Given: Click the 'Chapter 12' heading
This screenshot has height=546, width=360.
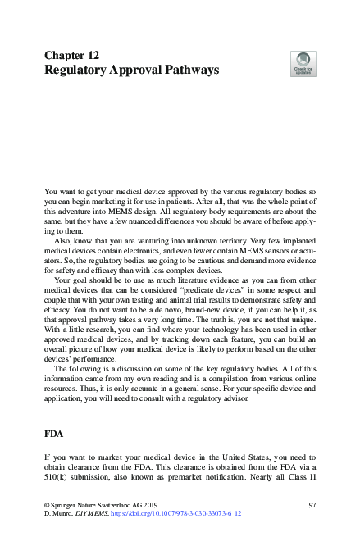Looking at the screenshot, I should [x=72, y=55].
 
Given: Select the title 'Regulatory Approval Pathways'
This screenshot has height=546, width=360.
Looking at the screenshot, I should [x=131, y=71].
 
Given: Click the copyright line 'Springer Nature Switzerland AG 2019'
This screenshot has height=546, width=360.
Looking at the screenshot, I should [x=100, y=525].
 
